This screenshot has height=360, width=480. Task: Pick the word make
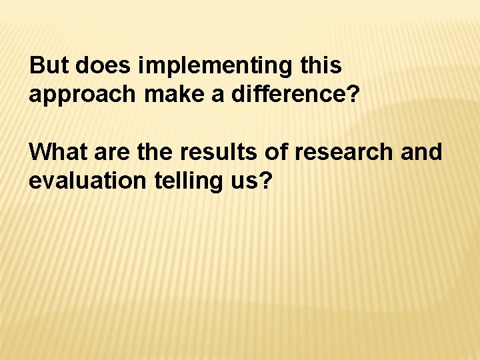point(164,94)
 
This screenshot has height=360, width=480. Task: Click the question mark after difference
point(353,94)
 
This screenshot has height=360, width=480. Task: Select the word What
point(57,153)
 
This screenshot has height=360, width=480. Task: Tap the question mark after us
point(266,181)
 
